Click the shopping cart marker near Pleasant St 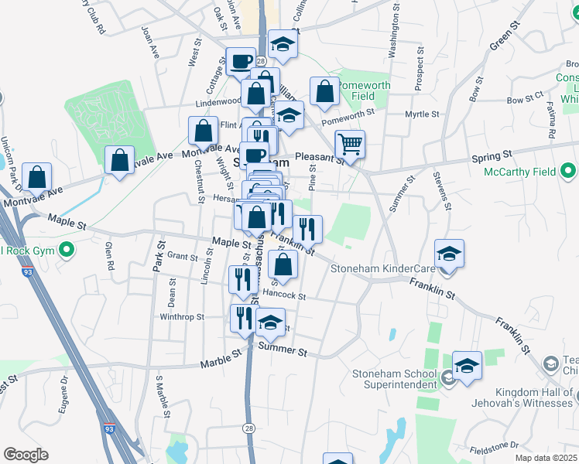click(x=350, y=143)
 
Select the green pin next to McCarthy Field click(x=570, y=170)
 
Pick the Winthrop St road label click(x=181, y=316)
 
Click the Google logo click(x=26, y=455)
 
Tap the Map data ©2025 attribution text click(x=546, y=458)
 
